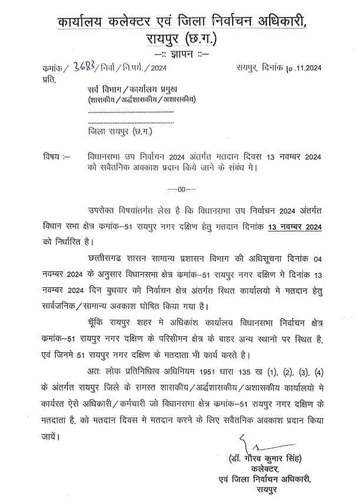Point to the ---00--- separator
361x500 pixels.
pyautogui.click(x=177, y=189)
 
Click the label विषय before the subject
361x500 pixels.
pyautogui.click(x=54, y=157)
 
